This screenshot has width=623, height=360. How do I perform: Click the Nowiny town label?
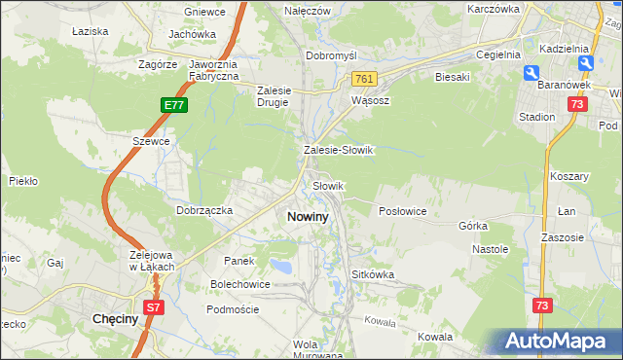(x=308, y=217)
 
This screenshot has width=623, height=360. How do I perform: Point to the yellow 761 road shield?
(x=364, y=78)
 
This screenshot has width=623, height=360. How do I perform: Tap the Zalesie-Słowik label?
(x=339, y=151)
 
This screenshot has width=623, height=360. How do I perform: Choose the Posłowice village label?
(x=402, y=211)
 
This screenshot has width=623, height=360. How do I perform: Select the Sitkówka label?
(x=373, y=274)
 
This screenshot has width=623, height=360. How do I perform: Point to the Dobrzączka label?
(x=203, y=209)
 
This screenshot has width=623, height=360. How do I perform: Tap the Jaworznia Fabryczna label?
(x=202, y=70)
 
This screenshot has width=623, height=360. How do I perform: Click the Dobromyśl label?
(x=332, y=55)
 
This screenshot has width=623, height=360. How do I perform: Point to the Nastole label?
(x=491, y=249)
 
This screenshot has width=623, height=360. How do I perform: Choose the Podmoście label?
(x=233, y=308)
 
